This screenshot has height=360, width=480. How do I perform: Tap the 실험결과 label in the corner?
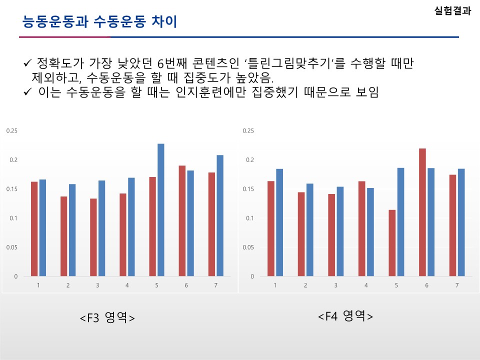(x=453, y=11)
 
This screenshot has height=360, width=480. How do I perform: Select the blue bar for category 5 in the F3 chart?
(x=161, y=210)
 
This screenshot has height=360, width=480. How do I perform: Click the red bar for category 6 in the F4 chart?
(x=422, y=212)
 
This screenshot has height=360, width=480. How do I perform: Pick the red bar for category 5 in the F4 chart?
(x=392, y=243)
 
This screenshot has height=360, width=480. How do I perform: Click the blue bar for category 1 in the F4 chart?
(x=279, y=222)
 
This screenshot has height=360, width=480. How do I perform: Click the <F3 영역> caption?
(x=107, y=318)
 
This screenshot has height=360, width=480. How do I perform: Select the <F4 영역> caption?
(x=345, y=316)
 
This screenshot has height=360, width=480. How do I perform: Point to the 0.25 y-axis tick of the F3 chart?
(x=11, y=131)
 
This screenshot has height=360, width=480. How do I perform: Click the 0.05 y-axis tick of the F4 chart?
(x=248, y=247)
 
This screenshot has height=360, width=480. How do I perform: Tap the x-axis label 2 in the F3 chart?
(x=68, y=285)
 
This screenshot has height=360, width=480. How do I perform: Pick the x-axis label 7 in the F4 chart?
(x=457, y=285)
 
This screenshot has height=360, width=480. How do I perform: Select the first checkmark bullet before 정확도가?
(x=28, y=64)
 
